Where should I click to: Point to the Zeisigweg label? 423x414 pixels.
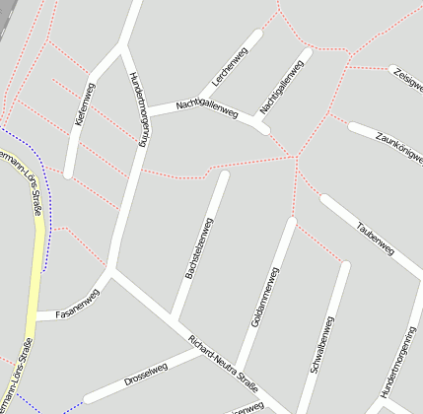pos(407,78)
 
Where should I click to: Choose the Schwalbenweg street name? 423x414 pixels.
pos(322,343)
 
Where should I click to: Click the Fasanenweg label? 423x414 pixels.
pos(79,304)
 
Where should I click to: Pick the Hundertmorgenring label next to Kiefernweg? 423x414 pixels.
pos(137,109)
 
